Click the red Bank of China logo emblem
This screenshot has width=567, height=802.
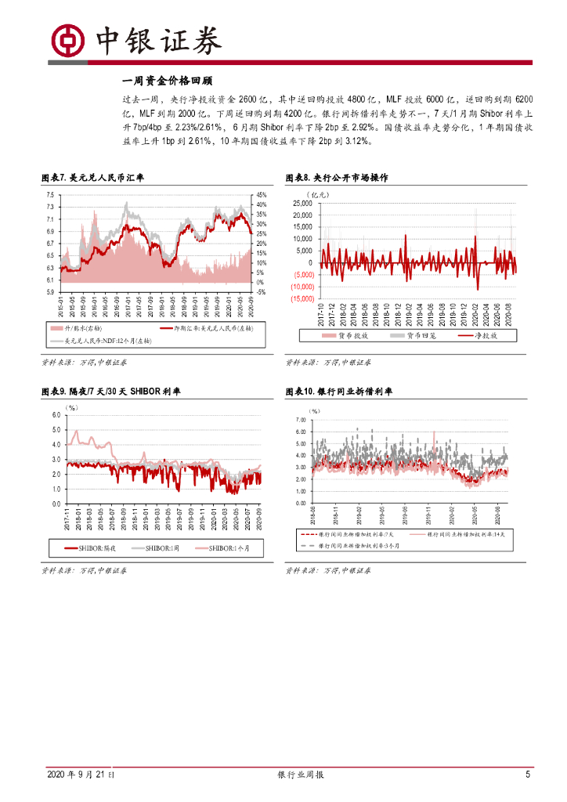[67, 38]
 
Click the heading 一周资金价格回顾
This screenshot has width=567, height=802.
[168, 81]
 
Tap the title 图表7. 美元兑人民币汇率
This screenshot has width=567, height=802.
[92, 178]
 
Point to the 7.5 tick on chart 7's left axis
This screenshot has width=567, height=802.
[49, 194]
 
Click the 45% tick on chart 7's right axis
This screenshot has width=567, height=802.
[262, 194]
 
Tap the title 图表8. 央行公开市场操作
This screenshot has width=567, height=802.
[337, 178]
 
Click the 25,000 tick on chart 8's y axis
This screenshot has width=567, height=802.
[301, 203]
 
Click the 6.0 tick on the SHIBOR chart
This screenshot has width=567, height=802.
[56, 414]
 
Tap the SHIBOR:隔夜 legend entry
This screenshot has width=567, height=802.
[87, 548]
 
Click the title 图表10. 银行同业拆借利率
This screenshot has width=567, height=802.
[338, 391]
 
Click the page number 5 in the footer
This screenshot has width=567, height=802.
[527, 775]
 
